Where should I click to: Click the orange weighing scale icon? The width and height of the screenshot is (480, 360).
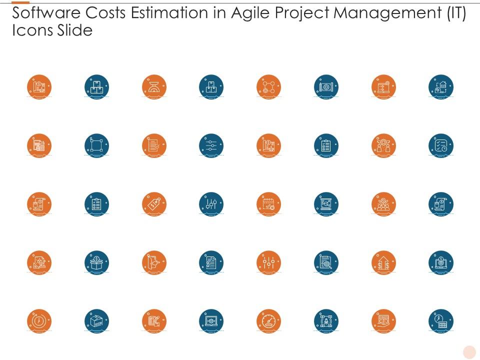click(154, 87)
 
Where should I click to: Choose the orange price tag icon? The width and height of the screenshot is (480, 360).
click(154, 204)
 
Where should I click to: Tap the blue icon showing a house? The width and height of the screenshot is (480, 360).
click(441, 87)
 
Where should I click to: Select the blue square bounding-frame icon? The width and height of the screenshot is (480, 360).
click(96, 145)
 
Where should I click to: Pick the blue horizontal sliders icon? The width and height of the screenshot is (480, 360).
click(211, 145)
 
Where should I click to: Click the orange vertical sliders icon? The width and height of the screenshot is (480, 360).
click(268, 262)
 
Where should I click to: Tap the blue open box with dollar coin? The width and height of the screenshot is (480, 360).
click(96, 262)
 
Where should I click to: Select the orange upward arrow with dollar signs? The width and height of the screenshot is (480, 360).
click(383, 262)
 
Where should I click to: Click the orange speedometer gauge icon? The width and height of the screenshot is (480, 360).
click(268, 321)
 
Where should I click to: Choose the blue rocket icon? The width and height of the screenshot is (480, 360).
click(326, 321)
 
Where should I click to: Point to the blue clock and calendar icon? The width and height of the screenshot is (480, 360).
click(441, 321)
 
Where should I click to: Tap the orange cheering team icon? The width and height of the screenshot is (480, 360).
click(383, 204)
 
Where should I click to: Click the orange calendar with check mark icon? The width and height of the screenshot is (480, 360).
click(268, 204)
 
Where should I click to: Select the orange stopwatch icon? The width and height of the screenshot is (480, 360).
click(39, 321)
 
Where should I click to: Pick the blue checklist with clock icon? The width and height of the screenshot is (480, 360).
click(441, 145)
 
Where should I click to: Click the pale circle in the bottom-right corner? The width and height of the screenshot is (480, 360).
click(469, 352)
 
